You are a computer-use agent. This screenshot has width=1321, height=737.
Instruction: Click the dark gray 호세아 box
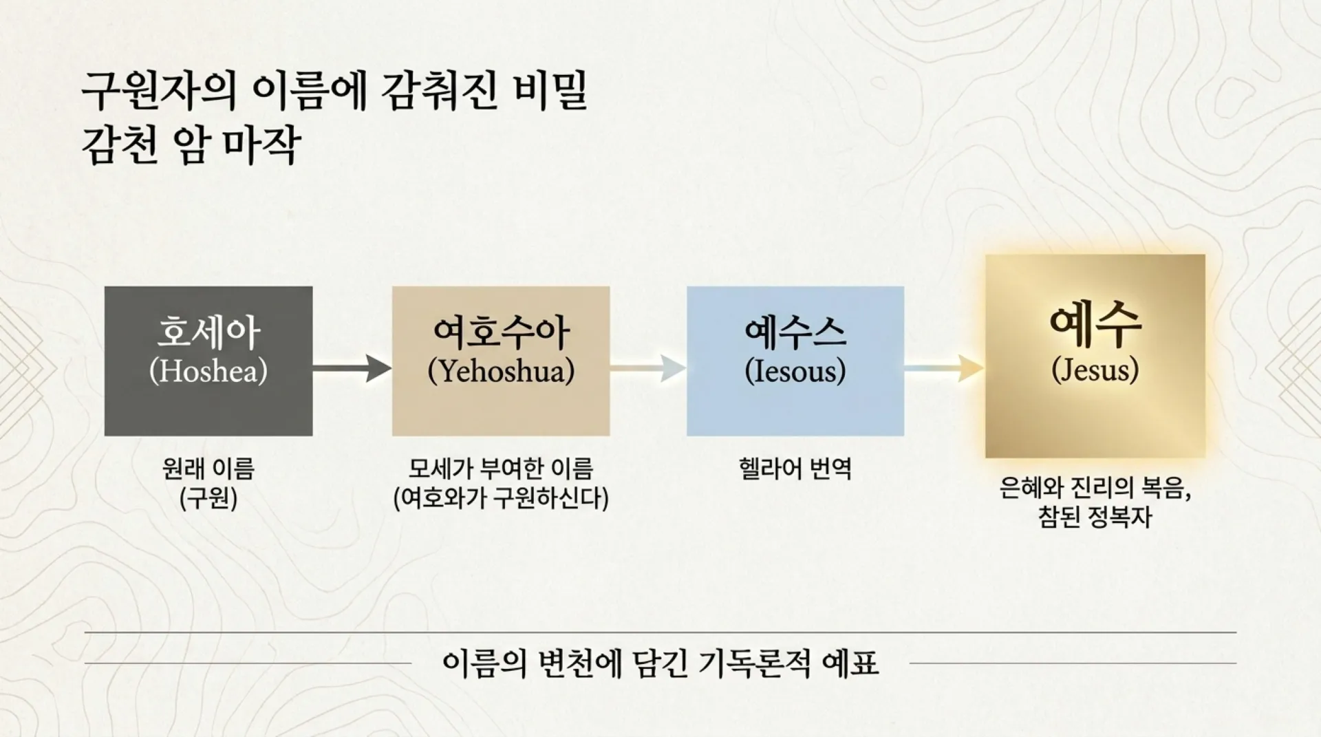point(208,361)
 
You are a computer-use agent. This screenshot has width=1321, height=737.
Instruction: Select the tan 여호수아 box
point(501,361)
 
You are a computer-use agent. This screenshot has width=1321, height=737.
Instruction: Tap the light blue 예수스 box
point(795,361)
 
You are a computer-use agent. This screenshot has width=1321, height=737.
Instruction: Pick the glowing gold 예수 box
point(1095,356)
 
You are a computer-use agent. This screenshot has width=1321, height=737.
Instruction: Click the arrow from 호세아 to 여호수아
point(352,369)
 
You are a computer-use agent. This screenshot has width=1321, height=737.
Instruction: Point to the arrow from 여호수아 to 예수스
point(647,369)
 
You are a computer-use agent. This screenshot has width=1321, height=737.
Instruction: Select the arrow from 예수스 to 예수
point(944,369)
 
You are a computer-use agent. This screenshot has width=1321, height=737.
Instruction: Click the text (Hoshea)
point(208,372)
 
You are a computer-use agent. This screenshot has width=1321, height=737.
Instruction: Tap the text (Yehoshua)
point(501,372)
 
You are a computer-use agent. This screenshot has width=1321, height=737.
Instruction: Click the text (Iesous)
point(795,372)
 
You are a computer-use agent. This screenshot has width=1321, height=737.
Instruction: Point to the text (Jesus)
point(1095,370)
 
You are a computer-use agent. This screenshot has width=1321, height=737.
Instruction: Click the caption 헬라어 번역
point(795,469)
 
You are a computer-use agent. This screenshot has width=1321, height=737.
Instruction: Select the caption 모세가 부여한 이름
point(501,469)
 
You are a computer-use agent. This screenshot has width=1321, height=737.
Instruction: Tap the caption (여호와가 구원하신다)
point(501,498)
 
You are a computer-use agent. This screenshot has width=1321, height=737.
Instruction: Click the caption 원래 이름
point(208,469)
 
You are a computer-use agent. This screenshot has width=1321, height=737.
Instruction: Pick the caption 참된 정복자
point(1095,517)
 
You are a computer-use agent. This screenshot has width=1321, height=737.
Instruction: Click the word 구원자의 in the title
point(158,92)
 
